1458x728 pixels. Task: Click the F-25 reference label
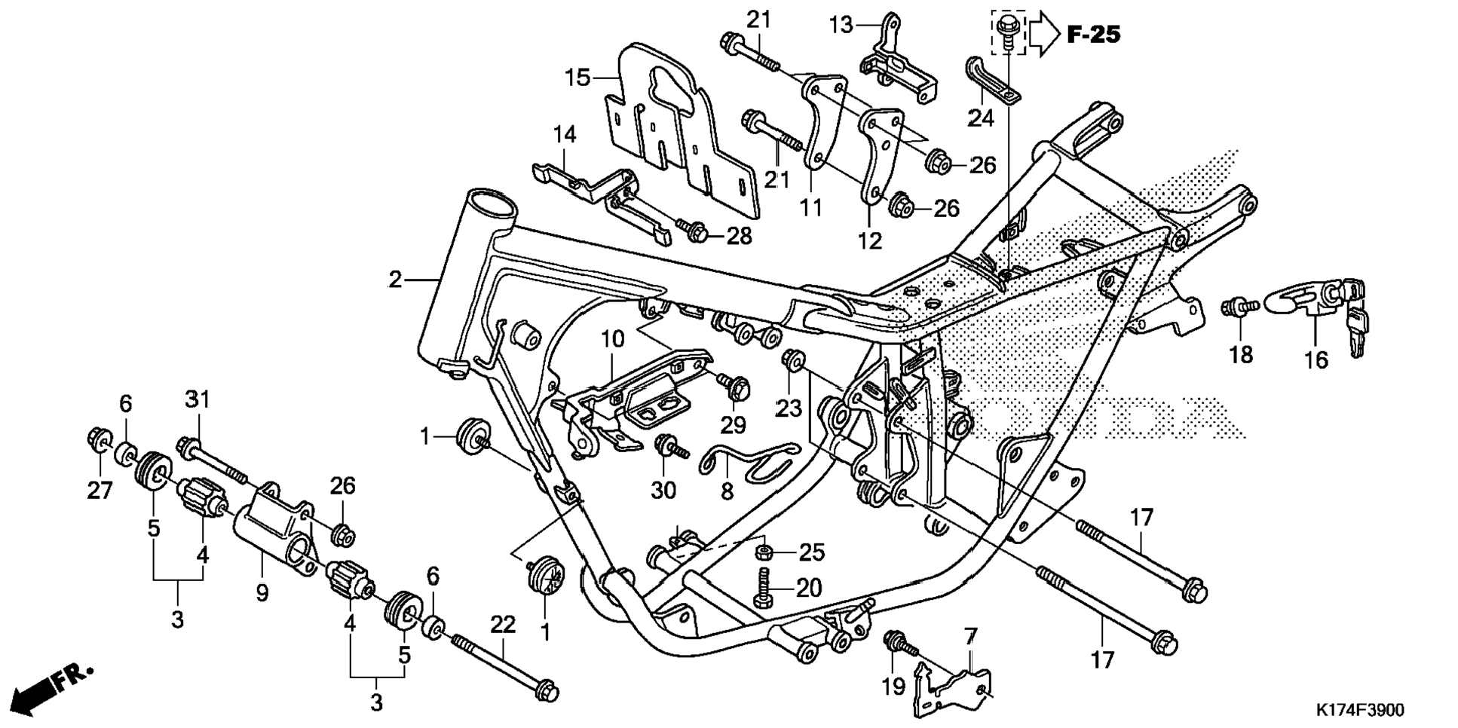click(x=1092, y=34)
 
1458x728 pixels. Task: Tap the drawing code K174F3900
click(x=1360, y=710)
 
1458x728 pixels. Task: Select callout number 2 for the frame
click(x=396, y=280)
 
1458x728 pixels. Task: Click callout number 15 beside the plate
click(x=578, y=77)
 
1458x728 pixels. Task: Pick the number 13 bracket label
click(x=841, y=25)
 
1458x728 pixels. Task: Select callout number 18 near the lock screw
click(x=1240, y=353)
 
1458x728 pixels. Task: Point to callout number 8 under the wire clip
click(x=727, y=491)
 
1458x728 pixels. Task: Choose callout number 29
click(x=733, y=425)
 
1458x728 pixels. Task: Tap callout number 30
click(x=663, y=490)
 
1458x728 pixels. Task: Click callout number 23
click(x=789, y=408)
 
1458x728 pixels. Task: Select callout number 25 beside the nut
click(x=811, y=552)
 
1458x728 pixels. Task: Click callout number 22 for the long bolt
click(x=503, y=624)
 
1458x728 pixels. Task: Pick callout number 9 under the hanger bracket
click(x=262, y=593)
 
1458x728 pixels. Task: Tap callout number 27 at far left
click(x=100, y=491)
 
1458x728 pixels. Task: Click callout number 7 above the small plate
click(x=970, y=637)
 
